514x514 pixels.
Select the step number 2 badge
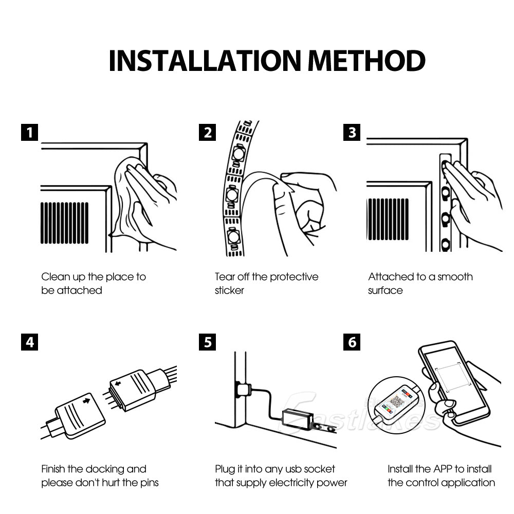(207, 132)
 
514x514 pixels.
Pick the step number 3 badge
(352, 132)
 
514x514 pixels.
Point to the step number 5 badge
(207, 342)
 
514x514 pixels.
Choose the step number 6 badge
(352, 342)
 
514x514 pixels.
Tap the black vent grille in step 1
(64, 223)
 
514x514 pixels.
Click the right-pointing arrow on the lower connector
(86, 399)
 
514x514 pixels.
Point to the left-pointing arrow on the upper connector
(118, 383)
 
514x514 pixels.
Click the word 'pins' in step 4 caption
(146, 483)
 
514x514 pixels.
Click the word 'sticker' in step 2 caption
(229, 290)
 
